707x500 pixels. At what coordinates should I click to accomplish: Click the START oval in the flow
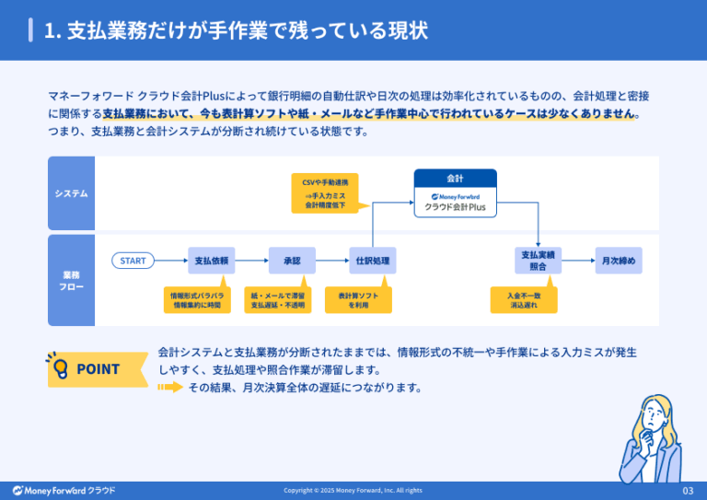coord(133,261)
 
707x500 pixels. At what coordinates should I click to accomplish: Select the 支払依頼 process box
coord(212,261)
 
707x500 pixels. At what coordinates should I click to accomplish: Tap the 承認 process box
coord(292,261)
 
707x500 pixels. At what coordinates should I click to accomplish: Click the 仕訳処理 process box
coord(373,261)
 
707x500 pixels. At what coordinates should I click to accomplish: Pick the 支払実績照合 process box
coord(538,261)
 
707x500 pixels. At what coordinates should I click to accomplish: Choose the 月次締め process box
coord(619,261)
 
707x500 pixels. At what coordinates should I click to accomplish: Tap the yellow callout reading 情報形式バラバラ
coord(196,299)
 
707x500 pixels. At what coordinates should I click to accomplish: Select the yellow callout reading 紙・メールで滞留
coord(279,299)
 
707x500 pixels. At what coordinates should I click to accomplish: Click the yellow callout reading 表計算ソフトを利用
coord(358,299)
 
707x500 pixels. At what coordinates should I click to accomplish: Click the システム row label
coord(71,193)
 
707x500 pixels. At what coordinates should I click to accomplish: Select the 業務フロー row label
coord(71,280)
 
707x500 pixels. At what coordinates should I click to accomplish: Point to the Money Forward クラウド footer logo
coord(64,490)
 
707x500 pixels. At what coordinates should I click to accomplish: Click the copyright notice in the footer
coord(353,490)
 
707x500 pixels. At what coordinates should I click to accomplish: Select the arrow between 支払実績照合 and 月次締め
coord(578,261)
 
